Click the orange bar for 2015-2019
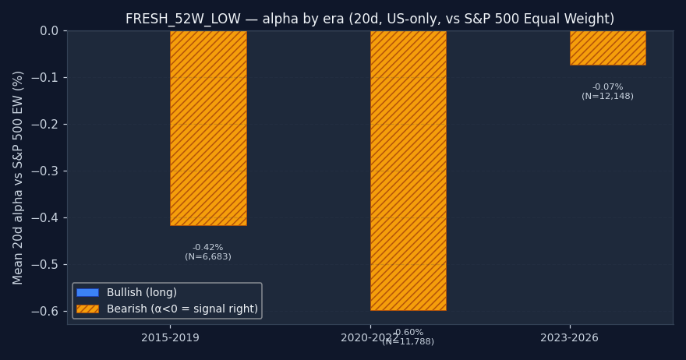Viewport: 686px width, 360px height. point(208,129)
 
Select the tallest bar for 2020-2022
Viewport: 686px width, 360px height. point(408,171)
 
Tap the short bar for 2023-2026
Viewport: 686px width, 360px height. point(607,48)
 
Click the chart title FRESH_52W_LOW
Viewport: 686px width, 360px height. point(370,19)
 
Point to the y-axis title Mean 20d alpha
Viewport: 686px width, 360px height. point(19,177)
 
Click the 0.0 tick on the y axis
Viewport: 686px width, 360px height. point(49,31)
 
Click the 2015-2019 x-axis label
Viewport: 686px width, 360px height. point(170,338)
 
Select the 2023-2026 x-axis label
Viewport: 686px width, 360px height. point(570,338)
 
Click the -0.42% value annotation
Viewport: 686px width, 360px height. point(208,248)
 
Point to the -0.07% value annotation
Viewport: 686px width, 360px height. point(607,87)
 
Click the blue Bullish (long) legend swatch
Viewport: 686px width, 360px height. point(87,293)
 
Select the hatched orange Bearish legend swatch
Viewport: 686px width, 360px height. point(87,309)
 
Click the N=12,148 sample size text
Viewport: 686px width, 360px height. point(607,97)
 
